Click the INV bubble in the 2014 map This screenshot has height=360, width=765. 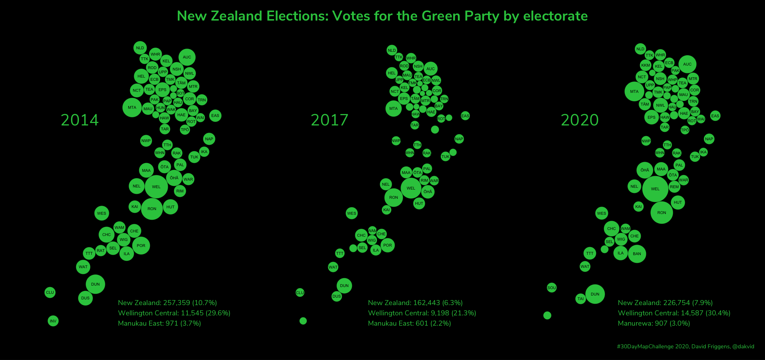53,321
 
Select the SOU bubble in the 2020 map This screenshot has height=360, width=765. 551,288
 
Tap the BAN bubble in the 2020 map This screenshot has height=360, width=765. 637,254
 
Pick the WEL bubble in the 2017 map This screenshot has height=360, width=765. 411,188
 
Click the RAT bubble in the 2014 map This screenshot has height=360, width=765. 101,251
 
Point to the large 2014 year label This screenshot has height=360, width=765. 80,120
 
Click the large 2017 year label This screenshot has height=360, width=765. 330,120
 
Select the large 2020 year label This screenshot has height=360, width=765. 580,120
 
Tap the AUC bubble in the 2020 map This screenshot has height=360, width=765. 687,64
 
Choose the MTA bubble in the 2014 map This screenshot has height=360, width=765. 132,107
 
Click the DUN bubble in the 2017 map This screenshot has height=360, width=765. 344,286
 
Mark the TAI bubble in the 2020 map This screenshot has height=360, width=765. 580,299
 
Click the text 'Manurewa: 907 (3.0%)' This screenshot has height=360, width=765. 654,323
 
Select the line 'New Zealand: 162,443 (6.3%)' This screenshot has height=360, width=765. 415,303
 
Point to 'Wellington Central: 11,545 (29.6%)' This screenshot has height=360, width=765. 174,313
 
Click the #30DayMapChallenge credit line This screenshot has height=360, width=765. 685,347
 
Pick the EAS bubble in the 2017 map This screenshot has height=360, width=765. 465,116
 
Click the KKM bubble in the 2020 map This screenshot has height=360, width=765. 646,65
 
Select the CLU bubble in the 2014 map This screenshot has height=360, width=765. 50,292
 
